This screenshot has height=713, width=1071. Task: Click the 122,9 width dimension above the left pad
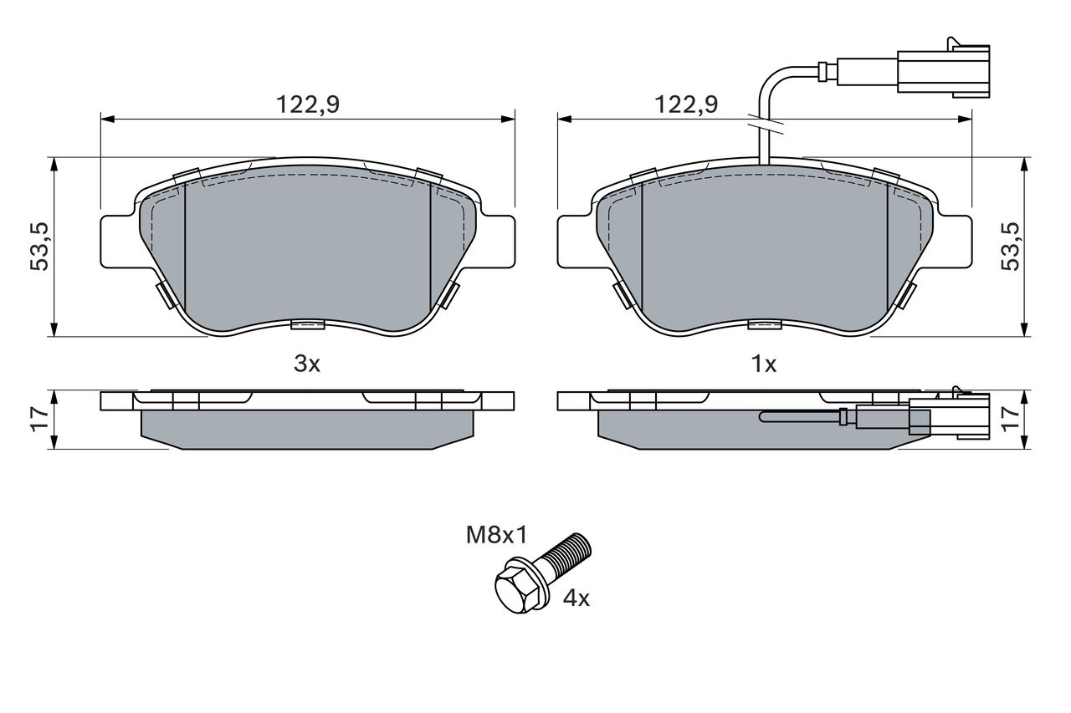(x=308, y=104)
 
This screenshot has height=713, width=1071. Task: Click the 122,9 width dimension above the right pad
(x=686, y=104)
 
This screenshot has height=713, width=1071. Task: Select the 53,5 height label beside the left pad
(x=40, y=247)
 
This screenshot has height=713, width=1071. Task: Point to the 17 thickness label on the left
(x=40, y=420)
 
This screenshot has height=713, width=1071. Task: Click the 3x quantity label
(x=307, y=364)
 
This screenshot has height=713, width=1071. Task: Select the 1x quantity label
(x=764, y=364)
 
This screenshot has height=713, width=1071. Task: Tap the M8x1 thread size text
(x=497, y=535)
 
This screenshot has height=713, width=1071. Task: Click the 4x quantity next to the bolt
(x=576, y=598)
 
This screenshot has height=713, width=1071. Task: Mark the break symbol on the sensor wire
(x=764, y=125)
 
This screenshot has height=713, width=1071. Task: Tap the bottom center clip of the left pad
(x=308, y=325)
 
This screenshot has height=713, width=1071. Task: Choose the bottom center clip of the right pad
(x=765, y=325)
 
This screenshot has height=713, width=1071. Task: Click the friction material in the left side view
(x=307, y=430)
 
